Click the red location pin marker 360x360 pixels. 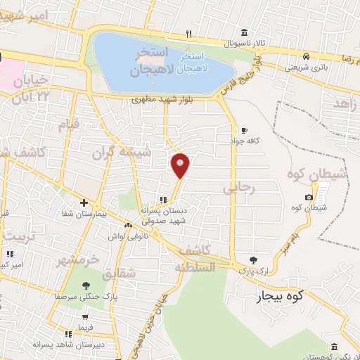181,165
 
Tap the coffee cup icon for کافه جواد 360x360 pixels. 244,130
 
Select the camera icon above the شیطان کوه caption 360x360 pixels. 309,198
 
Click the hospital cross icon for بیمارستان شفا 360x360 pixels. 83,202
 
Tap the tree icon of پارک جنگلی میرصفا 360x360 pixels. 86,285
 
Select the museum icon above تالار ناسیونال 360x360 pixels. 243,32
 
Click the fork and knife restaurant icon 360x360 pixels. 188,33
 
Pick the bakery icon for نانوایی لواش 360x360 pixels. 128,226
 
